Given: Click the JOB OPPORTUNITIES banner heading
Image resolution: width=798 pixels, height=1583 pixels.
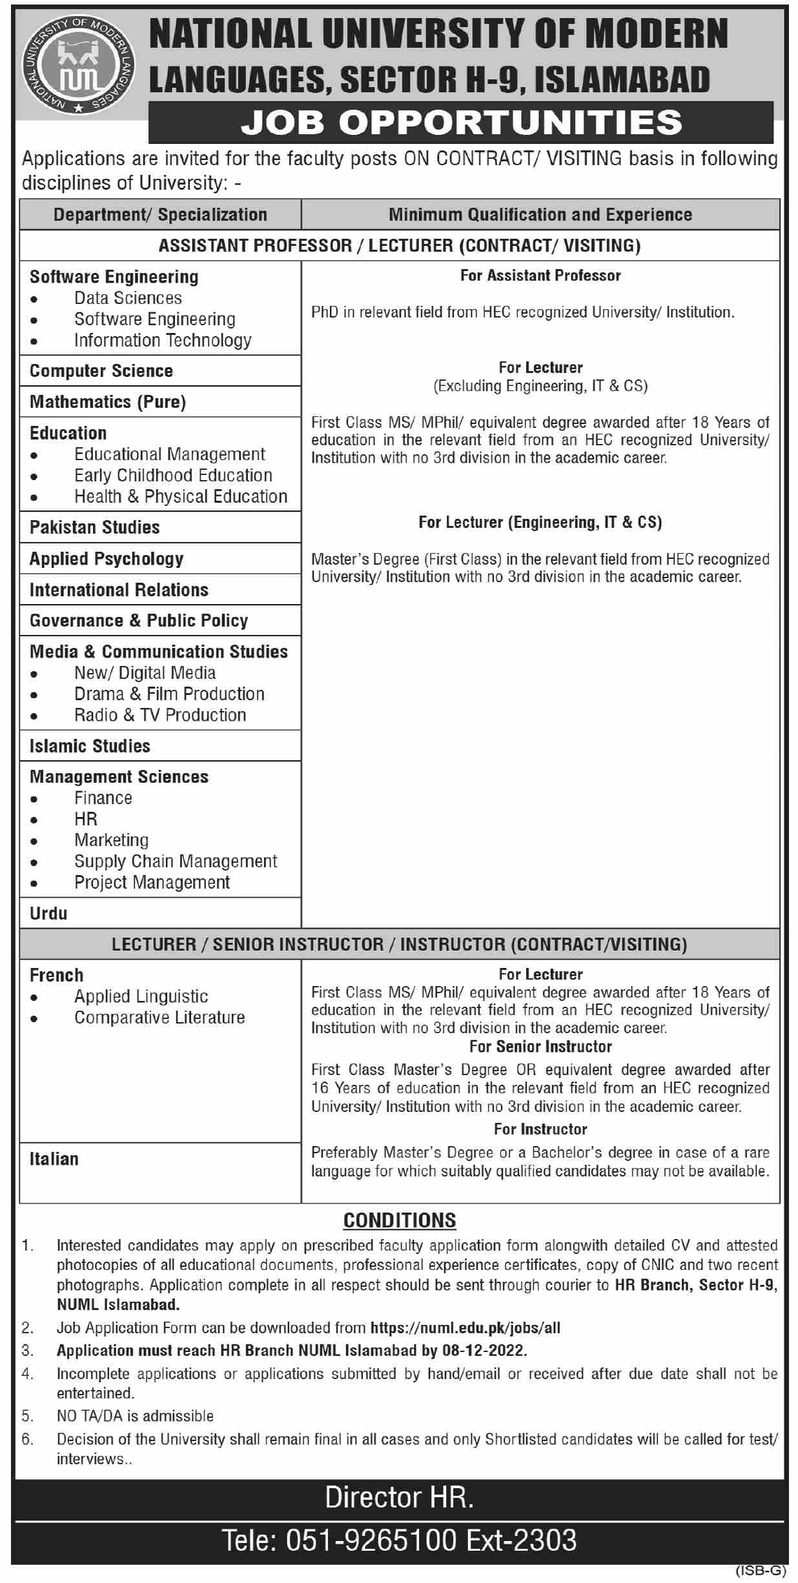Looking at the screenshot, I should (461, 122).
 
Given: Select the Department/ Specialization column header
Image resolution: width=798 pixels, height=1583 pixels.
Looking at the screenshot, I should (160, 215).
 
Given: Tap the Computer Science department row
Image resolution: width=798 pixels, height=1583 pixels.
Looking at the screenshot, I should (101, 371).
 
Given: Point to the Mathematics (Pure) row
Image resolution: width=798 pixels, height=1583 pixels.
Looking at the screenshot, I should (108, 402).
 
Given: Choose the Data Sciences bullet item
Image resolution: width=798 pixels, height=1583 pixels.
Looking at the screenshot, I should (128, 298).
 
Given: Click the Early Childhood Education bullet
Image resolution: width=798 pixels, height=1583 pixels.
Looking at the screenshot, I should (173, 476).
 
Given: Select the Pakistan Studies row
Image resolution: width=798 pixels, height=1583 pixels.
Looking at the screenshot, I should (95, 527).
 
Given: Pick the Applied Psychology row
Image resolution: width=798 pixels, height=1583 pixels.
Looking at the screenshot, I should (107, 559).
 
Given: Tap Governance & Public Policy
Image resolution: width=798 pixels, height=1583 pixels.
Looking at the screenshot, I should (139, 621).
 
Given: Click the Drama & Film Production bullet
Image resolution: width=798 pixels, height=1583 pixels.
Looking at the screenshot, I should (169, 694).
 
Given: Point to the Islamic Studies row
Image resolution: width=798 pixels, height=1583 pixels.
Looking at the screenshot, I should (90, 746).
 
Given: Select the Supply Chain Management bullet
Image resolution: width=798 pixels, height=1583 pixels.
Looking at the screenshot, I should (176, 862).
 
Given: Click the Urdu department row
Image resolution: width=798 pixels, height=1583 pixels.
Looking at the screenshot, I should (48, 914).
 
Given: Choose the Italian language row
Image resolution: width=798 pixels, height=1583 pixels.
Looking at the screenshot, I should (54, 1159).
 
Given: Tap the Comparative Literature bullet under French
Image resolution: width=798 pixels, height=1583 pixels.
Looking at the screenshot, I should (159, 1018).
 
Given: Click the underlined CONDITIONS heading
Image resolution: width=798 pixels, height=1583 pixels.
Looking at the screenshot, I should (400, 1220).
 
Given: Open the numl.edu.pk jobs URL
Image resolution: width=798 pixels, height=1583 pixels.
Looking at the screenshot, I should (465, 1328).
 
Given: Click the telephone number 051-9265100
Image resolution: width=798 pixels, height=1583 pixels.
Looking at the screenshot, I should (371, 1540).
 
